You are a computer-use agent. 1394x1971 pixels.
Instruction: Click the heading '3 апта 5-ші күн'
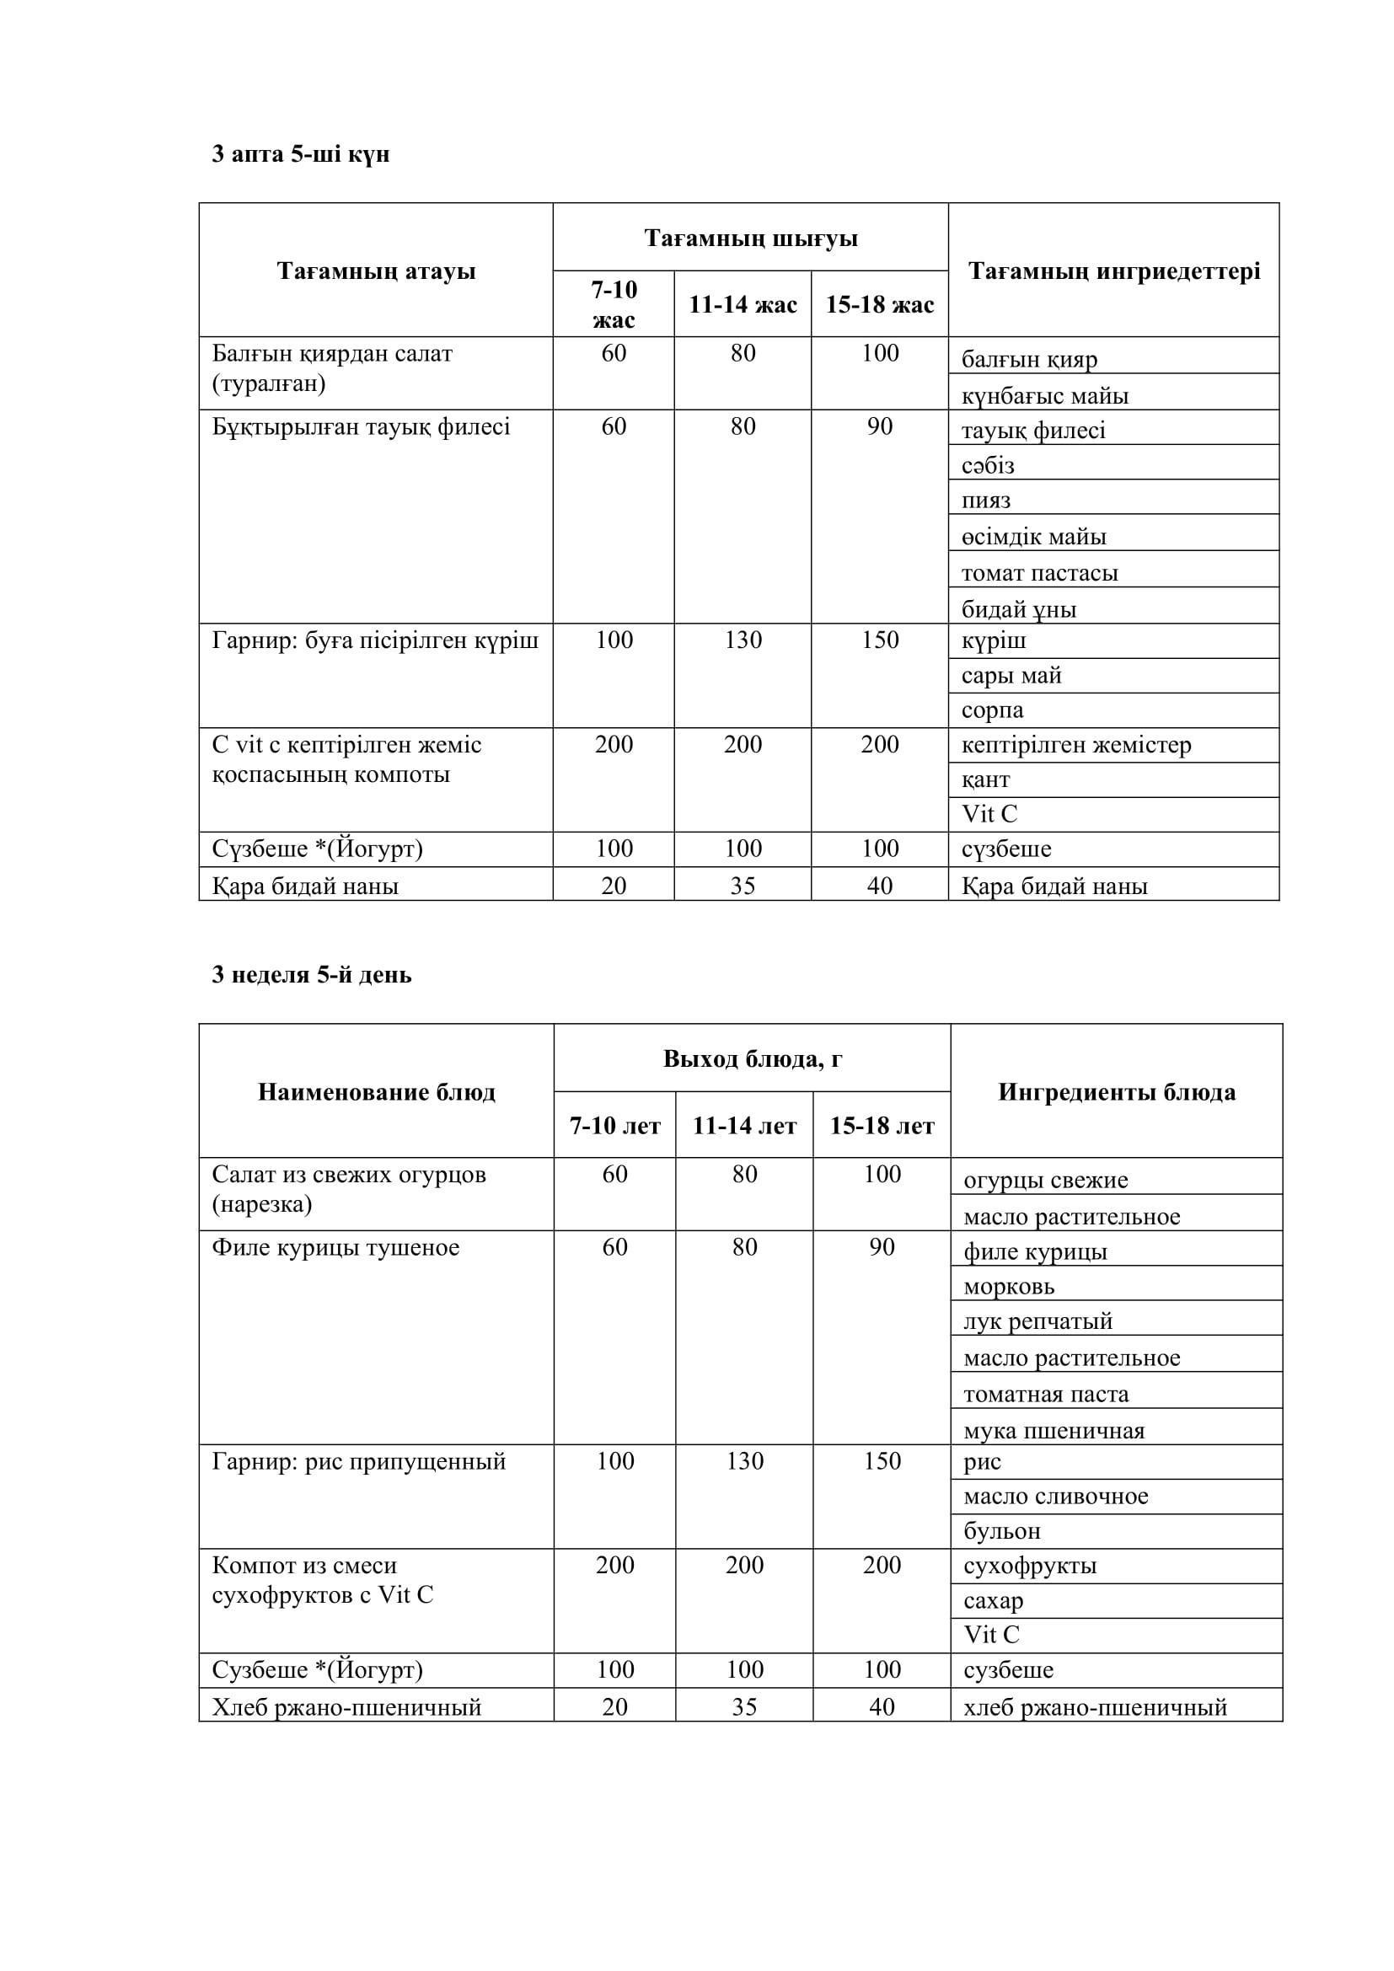[x=300, y=154]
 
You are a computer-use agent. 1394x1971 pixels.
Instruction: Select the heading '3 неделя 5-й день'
[x=312, y=975]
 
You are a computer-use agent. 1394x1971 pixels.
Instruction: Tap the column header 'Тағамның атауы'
[x=376, y=271]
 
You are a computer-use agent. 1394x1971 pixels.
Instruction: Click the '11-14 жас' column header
[x=743, y=305]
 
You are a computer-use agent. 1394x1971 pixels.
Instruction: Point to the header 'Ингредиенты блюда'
[x=1116, y=1092]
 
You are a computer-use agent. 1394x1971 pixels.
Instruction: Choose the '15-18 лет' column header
[x=882, y=1126]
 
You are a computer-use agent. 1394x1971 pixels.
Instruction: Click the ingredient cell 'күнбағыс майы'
[x=1044, y=396]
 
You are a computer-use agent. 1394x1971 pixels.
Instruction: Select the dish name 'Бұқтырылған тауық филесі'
[x=362, y=426]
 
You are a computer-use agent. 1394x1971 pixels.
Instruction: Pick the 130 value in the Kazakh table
[x=743, y=640]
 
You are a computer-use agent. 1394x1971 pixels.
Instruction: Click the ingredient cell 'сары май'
[x=1011, y=676]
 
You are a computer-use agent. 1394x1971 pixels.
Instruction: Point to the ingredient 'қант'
[x=985, y=780]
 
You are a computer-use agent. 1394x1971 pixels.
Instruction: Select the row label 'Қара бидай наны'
[x=306, y=886]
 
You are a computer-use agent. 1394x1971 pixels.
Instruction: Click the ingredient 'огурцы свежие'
[x=1045, y=1181]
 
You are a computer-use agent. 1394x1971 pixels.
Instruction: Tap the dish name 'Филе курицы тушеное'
[x=335, y=1247]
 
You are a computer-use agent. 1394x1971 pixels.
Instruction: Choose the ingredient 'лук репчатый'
[x=1037, y=1321]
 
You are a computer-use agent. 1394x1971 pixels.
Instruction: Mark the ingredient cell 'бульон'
[x=1002, y=1530]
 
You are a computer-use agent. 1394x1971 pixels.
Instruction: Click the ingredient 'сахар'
[x=993, y=1601]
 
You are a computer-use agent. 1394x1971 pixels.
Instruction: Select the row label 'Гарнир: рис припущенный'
[x=359, y=1461]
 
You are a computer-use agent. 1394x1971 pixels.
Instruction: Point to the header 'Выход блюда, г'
[x=752, y=1059]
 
